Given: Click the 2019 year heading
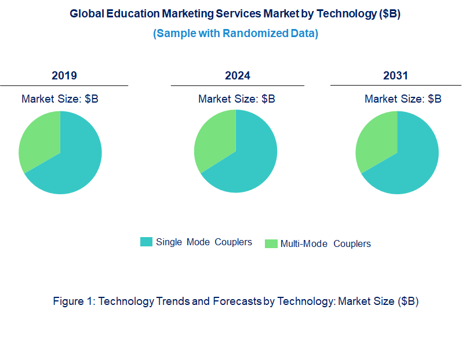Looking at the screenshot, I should pos(64,75).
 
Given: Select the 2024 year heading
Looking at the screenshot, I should pos(238,75).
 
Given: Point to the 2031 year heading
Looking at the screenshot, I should pos(395,75).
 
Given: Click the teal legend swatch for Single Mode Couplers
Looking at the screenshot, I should pos(146,242).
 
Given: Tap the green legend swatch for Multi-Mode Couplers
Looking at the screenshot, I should pos(271,243).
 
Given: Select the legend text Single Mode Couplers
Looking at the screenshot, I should pos(204,242).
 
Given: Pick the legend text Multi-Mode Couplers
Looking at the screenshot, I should pos(325,243).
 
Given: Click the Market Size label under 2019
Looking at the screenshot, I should pos(60,99).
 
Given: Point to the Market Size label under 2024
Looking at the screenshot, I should pos(237,99).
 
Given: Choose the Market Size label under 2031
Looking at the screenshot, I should pos(403,99).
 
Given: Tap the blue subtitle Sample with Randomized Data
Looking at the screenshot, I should pos(235,33).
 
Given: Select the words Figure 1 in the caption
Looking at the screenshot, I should pos(74,301).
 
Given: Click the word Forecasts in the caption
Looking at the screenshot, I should pos(239,301).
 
